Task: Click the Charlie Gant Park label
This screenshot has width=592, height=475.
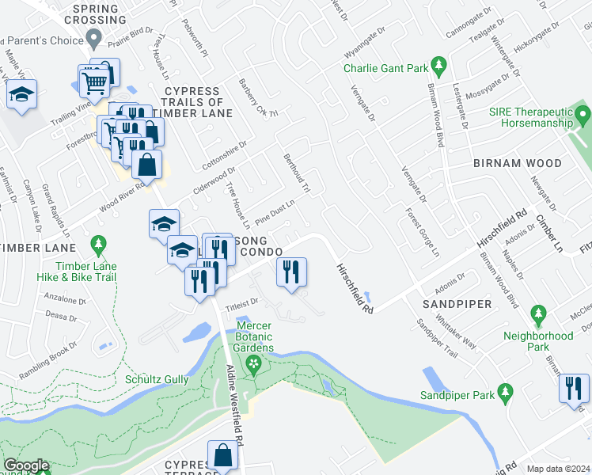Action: click(x=385, y=68)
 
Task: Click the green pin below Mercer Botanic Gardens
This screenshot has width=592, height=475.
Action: click(x=253, y=365)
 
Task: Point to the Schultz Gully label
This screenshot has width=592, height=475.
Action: click(x=157, y=380)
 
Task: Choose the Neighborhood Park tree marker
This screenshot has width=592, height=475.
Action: click(x=538, y=314)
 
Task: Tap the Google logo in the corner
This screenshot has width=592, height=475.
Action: click(x=26, y=465)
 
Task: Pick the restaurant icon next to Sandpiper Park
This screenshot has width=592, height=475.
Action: click(x=573, y=388)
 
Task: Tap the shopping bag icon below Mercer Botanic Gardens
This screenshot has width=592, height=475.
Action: click(x=223, y=455)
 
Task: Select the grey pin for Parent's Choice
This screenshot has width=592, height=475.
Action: click(x=95, y=37)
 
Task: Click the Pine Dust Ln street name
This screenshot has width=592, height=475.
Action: click(x=275, y=209)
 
